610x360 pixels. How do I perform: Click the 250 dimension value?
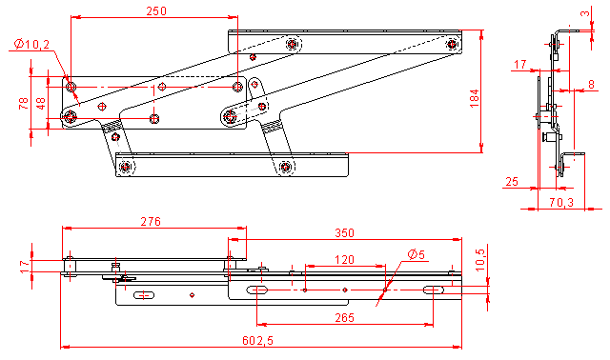(156, 10)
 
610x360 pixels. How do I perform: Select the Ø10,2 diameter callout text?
(31, 45)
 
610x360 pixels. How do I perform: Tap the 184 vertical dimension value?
(475, 99)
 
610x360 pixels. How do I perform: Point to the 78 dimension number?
(24, 104)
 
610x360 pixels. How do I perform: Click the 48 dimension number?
(40, 104)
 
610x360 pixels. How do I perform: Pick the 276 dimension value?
(151, 222)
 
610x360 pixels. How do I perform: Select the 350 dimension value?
(345, 233)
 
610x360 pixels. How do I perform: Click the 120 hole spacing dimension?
(345, 259)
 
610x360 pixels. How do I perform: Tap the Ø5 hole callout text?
(417, 254)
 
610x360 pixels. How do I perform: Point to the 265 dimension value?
(345, 318)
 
